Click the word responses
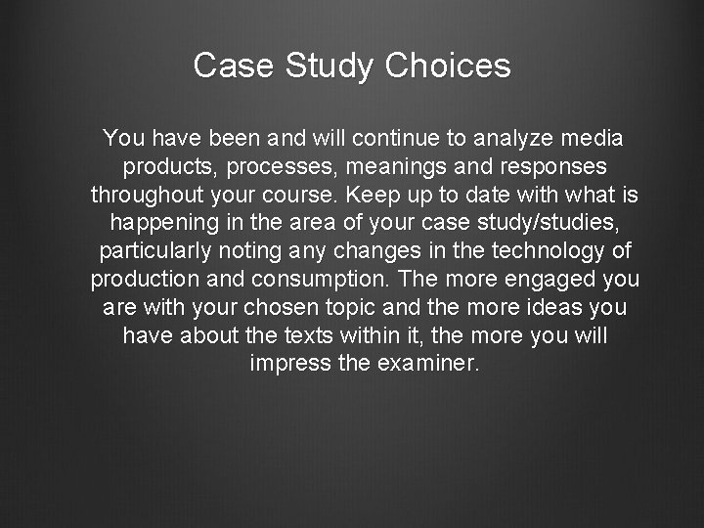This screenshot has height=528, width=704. click(549, 165)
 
